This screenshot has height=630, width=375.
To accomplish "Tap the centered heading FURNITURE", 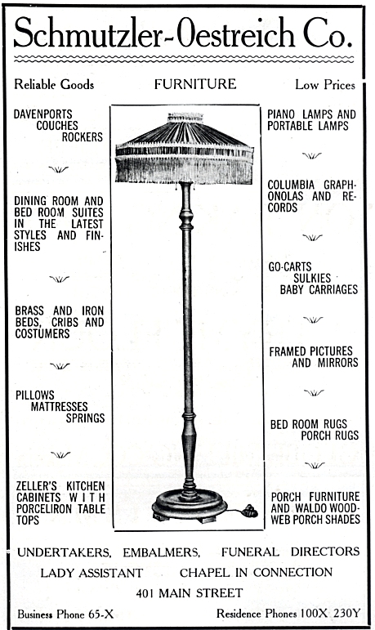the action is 195,84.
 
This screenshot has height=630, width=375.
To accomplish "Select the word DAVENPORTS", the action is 43,114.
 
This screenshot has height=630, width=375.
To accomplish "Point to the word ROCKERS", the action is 83,137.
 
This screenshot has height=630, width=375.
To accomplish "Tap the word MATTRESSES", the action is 59,407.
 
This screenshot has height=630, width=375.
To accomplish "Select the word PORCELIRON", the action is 45,509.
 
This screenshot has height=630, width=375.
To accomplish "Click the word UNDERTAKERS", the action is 64,552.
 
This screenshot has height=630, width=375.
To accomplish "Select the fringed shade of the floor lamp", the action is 185,149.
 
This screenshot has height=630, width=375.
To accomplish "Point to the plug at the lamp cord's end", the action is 251,511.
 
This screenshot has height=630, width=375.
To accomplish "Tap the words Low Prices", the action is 325,85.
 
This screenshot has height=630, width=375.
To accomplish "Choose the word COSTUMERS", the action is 42,333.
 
